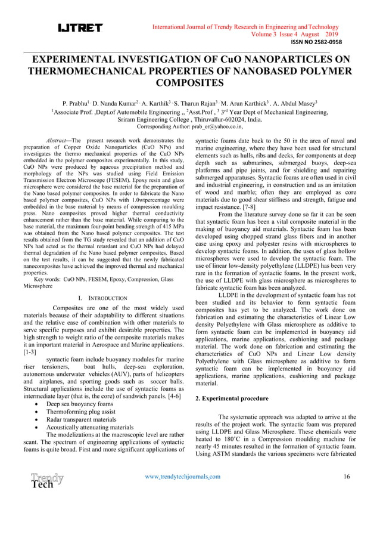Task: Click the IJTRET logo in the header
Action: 80,28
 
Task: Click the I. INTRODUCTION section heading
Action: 102,297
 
